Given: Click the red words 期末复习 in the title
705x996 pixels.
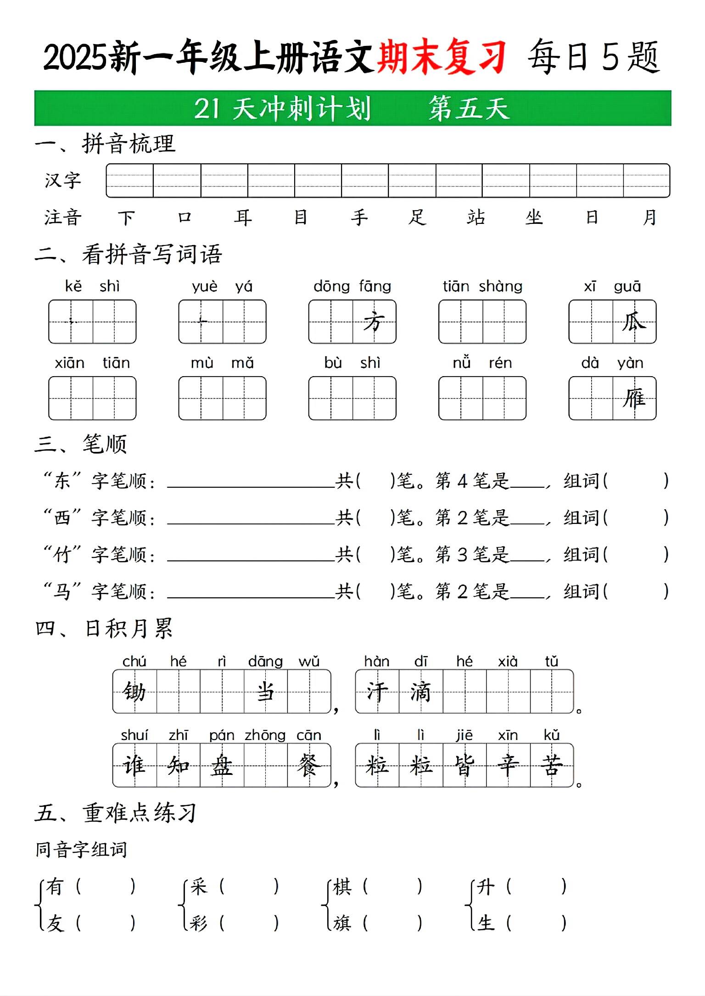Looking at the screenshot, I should [442, 57].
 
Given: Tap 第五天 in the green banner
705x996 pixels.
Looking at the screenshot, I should [469, 109].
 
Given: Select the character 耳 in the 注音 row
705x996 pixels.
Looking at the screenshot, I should [243, 217].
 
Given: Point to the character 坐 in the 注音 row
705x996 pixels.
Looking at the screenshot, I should [534, 217].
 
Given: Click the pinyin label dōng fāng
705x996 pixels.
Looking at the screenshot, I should [352, 286].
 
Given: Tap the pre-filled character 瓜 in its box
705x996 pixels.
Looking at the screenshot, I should [634, 322].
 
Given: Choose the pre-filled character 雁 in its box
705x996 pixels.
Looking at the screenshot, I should [634, 398].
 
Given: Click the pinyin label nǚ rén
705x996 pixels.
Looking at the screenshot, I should [482, 363].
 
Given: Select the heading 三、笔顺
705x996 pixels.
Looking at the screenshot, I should [81, 444].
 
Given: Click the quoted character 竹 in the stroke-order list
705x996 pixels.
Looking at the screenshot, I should [62, 555].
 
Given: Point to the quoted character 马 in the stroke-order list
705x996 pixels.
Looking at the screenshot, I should [62, 591].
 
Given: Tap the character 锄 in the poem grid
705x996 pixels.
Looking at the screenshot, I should [134, 691].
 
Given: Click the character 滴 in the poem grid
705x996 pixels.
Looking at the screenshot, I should [420, 691].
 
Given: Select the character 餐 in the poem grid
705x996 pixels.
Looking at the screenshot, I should [308, 765].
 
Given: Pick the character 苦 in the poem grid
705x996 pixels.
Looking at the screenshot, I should [552, 765].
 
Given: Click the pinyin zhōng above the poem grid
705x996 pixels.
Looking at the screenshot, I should [265, 735].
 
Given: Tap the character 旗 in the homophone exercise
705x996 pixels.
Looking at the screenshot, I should [342, 923].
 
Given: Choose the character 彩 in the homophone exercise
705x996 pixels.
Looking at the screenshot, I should [198, 923].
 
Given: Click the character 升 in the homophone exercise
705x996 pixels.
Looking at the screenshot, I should [486, 887].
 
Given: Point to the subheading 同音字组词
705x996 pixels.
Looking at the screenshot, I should [81, 850].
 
